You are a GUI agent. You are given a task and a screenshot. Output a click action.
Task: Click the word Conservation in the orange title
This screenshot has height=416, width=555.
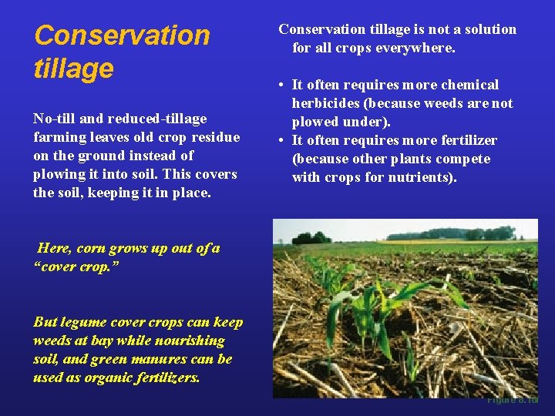point(122,35)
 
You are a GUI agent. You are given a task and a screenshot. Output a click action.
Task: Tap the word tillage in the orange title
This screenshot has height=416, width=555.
point(73,68)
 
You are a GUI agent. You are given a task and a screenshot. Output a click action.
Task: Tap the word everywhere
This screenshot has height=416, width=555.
point(418,48)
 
